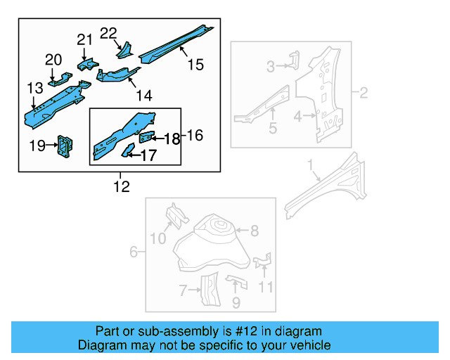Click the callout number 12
[x=122, y=186]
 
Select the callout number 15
[x=195, y=65]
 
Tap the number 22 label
[x=108, y=33]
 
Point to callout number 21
[x=84, y=39]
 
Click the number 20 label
[x=53, y=60]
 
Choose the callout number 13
[x=35, y=88]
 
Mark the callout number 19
[x=36, y=146]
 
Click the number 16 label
[x=194, y=135]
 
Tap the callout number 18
[x=172, y=139]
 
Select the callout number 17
[x=148, y=155]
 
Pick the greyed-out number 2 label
[x=364, y=93]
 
